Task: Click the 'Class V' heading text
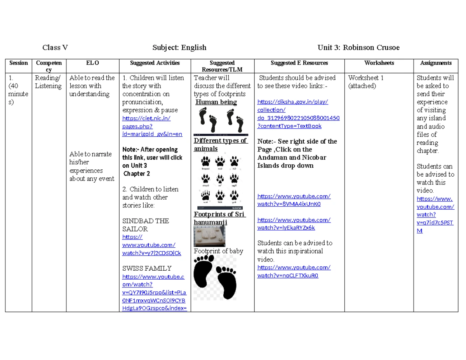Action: click(x=55, y=48)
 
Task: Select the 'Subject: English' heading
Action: click(x=179, y=48)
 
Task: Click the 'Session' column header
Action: click(x=19, y=63)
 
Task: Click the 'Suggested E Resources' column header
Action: click(x=299, y=63)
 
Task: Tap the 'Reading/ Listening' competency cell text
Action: click(x=48, y=82)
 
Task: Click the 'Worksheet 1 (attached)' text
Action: click(x=366, y=82)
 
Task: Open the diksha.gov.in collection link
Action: click(x=298, y=114)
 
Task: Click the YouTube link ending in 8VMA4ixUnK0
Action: click(x=294, y=200)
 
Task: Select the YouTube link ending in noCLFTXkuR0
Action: click(x=294, y=271)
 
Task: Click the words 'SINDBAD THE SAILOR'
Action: click(x=146, y=225)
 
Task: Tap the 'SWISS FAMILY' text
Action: click(x=147, y=268)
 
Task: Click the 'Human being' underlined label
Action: click(x=216, y=102)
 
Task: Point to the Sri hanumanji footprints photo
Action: click(x=209, y=236)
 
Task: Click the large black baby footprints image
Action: click(x=215, y=277)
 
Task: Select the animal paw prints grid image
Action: click(x=219, y=180)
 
